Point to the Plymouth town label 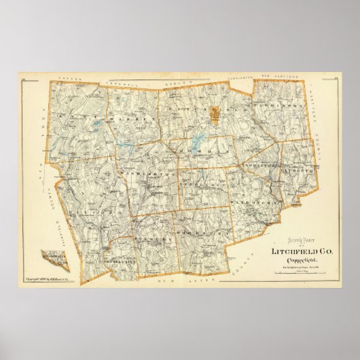click(x=296, y=173)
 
